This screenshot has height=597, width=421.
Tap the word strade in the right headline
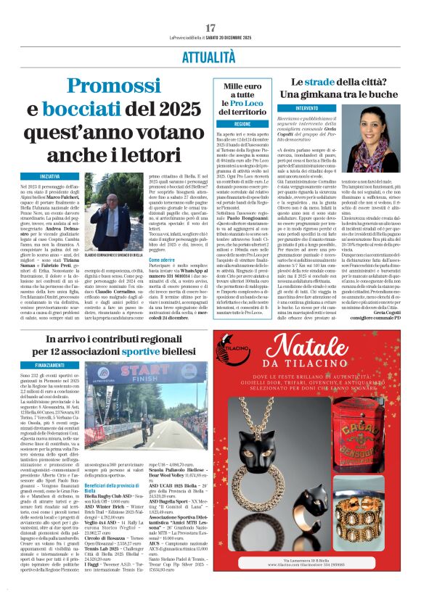[x=331, y=82]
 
